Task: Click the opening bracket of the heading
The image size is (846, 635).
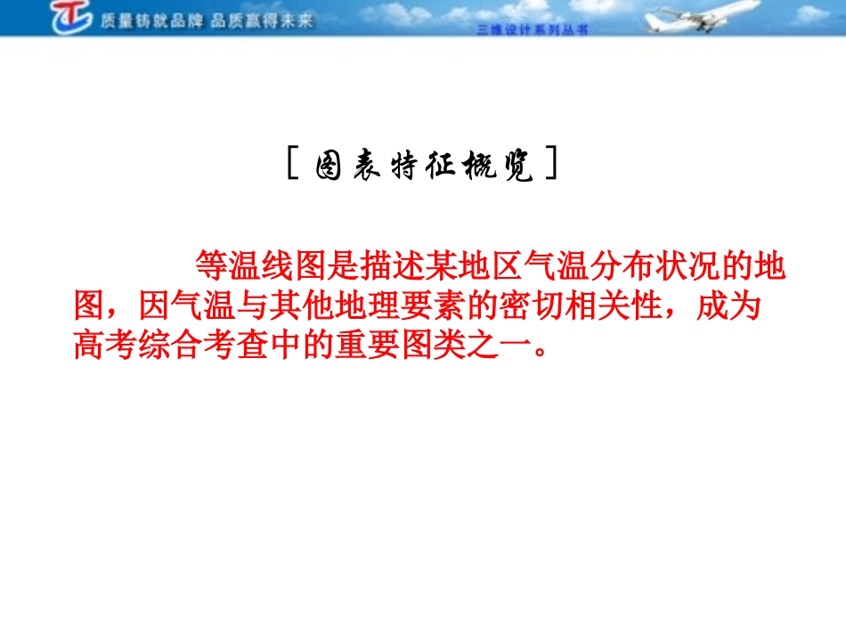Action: tap(293, 166)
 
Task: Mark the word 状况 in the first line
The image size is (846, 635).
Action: tap(688, 265)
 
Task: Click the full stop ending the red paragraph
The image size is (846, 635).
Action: tap(539, 351)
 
